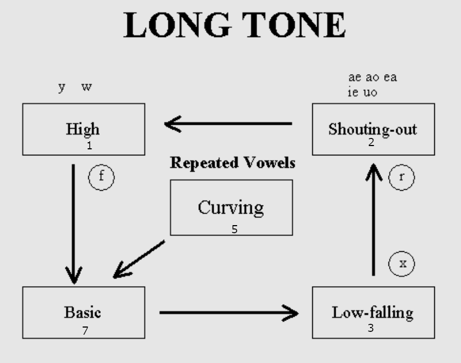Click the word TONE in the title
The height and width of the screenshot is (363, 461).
coord(291,25)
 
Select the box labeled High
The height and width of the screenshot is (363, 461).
coord(83,129)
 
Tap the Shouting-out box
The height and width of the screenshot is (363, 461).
coord(373,129)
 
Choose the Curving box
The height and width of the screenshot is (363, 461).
coord(231,208)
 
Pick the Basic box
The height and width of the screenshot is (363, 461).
coord(83,312)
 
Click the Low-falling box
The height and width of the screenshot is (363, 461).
coord(373,312)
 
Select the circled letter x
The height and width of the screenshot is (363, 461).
coord(402,264)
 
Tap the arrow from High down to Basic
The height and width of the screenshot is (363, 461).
coord(73,223)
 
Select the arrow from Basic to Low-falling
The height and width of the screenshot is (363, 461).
coord(229,313)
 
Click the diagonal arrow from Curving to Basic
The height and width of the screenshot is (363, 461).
coord(139,259)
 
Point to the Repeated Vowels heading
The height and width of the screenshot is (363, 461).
coord(233,162)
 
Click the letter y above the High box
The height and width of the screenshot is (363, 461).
coord(62,87)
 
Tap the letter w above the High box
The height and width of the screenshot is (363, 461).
coord(86,87)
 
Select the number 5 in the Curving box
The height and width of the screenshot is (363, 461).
coord(234,229)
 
